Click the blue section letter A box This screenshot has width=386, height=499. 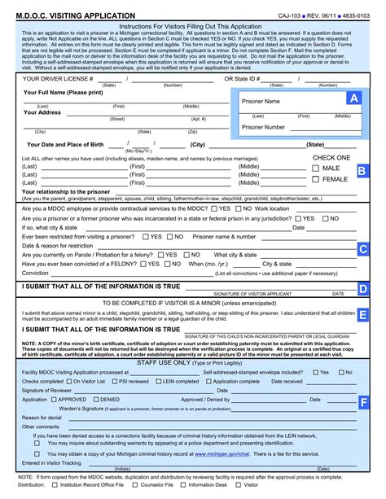(x=353, y=98)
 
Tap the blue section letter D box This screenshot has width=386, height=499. (x=363, y=288)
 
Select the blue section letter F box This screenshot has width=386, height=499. (x=363, y=402)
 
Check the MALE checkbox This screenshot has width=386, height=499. (x=315, y=169)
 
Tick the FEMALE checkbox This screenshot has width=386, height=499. (x=315, y=180)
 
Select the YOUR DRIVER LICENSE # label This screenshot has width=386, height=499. (x=57, y=79)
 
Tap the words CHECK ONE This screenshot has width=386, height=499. (x=331, y=158)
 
